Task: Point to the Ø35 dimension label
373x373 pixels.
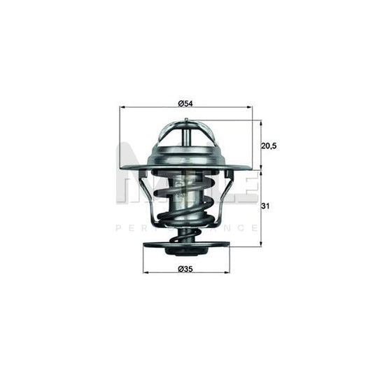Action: (185, 269)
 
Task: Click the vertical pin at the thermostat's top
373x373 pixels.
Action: (185, 132)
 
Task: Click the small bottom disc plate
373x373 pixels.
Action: (185, 246)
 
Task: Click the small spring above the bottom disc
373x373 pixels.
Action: (185, 237)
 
